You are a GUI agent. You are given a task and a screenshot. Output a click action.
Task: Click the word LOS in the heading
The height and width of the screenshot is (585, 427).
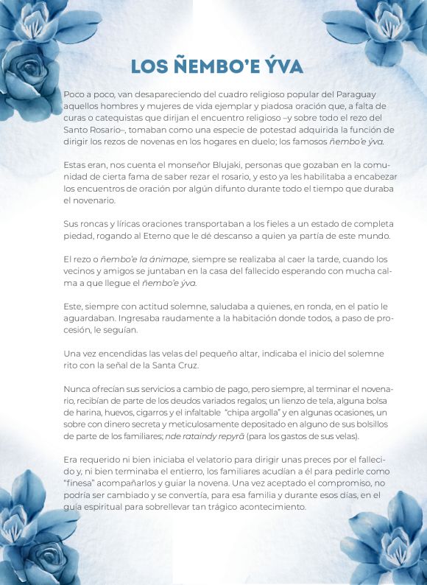point(150,66)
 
